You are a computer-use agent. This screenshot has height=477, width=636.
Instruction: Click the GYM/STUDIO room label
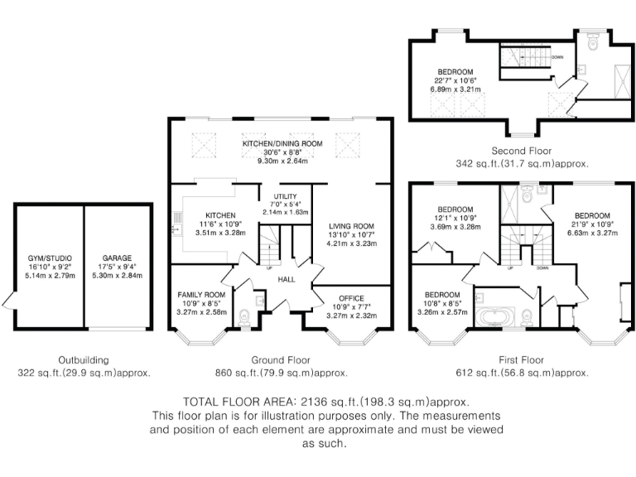coord(50,258)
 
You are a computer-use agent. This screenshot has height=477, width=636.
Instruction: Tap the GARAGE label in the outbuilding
coord(117,258)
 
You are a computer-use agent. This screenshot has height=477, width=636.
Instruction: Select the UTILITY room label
coord(285,196)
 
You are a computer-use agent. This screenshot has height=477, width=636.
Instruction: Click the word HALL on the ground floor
coord(287,279)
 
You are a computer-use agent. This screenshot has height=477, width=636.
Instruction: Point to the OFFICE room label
coord(352,298)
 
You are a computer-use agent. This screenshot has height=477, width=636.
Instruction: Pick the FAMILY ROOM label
coord(201,295)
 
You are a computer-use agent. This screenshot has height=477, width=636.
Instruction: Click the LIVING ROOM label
coord(352,226)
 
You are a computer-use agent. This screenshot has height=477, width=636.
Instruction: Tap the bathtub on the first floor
coord(495,317)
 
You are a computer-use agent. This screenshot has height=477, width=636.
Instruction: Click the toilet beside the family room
coord(244,317)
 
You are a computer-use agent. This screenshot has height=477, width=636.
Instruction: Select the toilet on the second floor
coord(593,41)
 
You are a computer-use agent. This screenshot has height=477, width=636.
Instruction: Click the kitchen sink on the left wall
coord(176,230)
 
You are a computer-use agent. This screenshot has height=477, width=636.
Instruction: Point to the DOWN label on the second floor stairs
coord(557,57)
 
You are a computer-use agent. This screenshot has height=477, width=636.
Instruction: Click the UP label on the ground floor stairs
coord(269,267)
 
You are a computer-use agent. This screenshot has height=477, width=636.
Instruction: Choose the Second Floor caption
coord(521,151)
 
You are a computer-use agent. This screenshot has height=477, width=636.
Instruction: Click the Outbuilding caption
coord(84,359)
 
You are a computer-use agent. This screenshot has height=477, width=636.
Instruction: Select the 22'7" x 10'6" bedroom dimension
coord(455,80)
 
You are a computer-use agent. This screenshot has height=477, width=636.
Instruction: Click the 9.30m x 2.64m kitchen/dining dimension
coord(282,161)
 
